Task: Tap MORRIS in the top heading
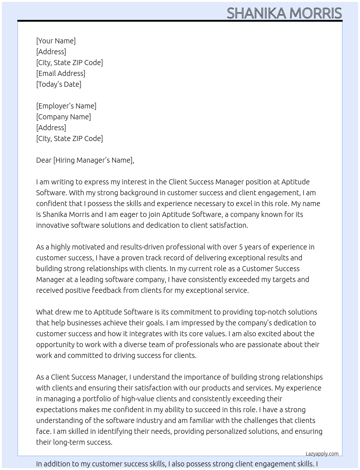click(316, 13)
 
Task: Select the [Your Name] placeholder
click(56, 41)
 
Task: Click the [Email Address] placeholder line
click(61, 73)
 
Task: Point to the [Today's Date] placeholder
click(59, 84)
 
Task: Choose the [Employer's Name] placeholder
click(66, 106)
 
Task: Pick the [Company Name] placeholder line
click(63, 117)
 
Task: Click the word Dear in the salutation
click(44, 160)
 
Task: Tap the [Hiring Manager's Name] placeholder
click(93, 160)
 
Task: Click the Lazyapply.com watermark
click(322, 454)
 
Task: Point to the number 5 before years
click(241, 247)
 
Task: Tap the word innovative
click(52, 225)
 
